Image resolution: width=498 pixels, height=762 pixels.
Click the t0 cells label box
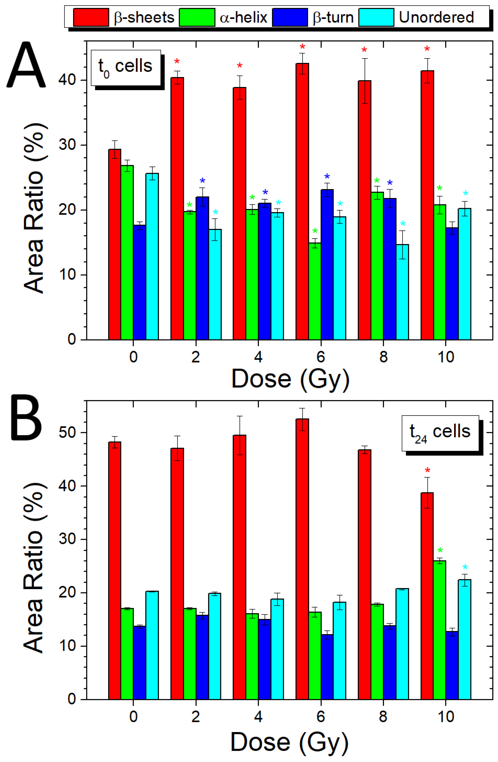tap(126, 68)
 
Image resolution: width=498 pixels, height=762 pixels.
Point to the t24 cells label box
tap(440, 433)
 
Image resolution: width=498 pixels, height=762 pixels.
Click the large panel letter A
tap(26, 65)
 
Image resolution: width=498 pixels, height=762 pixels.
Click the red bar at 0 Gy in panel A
tap(115, 244)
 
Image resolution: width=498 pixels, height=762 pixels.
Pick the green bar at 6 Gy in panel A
tap(315, 291)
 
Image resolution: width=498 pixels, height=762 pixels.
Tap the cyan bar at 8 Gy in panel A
tap(402, 292)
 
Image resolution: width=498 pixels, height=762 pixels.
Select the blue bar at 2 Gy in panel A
tap(202, 268)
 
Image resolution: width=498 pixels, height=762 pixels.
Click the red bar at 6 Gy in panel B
tap(302, 559)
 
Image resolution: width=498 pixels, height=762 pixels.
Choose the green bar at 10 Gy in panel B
tap(439, 630)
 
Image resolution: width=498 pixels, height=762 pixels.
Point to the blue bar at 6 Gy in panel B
tap(327, 667)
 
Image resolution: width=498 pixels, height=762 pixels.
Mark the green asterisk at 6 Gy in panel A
tap(315, 231)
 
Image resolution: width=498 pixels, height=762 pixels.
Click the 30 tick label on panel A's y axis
tap(68, 145)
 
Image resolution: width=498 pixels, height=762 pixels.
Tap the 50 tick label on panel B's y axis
tap(68, 432)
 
